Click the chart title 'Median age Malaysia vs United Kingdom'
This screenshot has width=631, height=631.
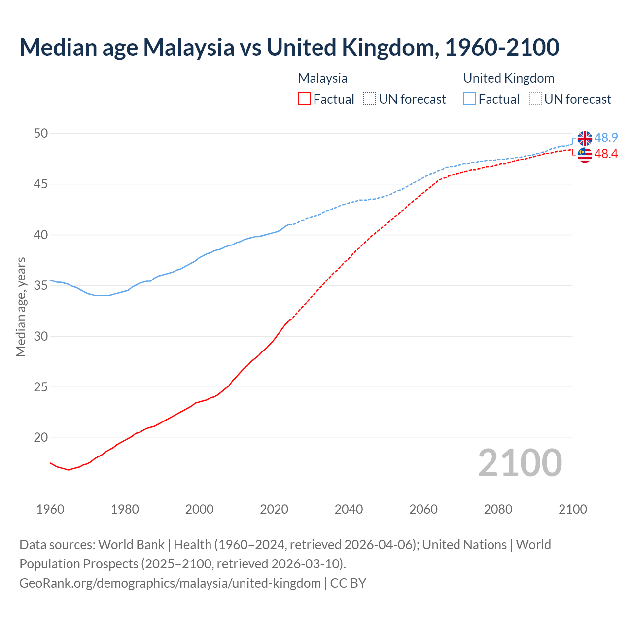tap(289, 47)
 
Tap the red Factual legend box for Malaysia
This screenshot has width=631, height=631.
tap(304, 99)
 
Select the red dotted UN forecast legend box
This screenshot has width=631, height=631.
tap(370, 99)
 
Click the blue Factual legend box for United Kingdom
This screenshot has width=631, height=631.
tap(470, 99)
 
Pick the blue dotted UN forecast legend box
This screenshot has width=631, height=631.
tap(535, 99)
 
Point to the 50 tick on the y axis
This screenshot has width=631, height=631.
tap(41, 133)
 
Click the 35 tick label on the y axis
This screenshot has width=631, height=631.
tap(41, 285)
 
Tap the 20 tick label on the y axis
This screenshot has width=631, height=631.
tap(41, 438)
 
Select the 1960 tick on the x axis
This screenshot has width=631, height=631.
tap(50, 509)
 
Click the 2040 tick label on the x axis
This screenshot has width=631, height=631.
tap(349, 509)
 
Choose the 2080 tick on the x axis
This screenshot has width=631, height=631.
tap(498, 509)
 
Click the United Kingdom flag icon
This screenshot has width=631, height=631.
tap(585, 139)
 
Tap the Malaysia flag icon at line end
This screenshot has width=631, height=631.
tap(585, 155)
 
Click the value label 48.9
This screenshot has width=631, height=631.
tap(606, 138)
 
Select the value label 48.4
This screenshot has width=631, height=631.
tap(606, 154)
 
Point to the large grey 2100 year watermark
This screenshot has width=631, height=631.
tap(520, 462)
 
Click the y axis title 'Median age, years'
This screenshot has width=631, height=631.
tap(21, 307)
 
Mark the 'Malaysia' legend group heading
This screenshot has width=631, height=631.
tap(322, 78)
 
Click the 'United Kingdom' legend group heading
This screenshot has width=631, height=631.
tap(508, 78)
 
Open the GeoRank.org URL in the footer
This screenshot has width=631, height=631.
tap(170, 583)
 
